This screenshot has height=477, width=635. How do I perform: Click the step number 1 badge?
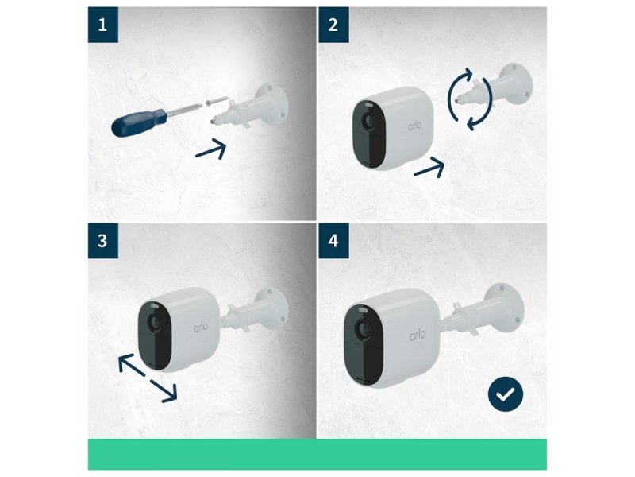[x=103, y=25]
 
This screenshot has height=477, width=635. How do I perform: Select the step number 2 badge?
[x=333, y=25]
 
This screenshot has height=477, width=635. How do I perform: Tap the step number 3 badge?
[x=103, y=241]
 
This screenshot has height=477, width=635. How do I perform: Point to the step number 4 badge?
[x=333, y=241]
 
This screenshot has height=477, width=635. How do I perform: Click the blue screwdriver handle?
[x=138, y=122]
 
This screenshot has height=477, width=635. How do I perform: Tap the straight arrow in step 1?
[x=210, y=149]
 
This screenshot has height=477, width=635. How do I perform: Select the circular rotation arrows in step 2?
[x=470, y=99]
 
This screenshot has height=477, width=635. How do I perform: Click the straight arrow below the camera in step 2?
[x=429, y=167]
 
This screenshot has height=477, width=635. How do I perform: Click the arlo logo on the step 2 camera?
[x=414, y=126]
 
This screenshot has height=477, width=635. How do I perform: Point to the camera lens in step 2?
[x=368, y=121]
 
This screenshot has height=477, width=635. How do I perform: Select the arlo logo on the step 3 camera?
[x=201, y=327]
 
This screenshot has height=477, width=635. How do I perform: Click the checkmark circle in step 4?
[x=506, y=394]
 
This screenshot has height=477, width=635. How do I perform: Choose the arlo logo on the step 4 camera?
[x=418, y=335]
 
